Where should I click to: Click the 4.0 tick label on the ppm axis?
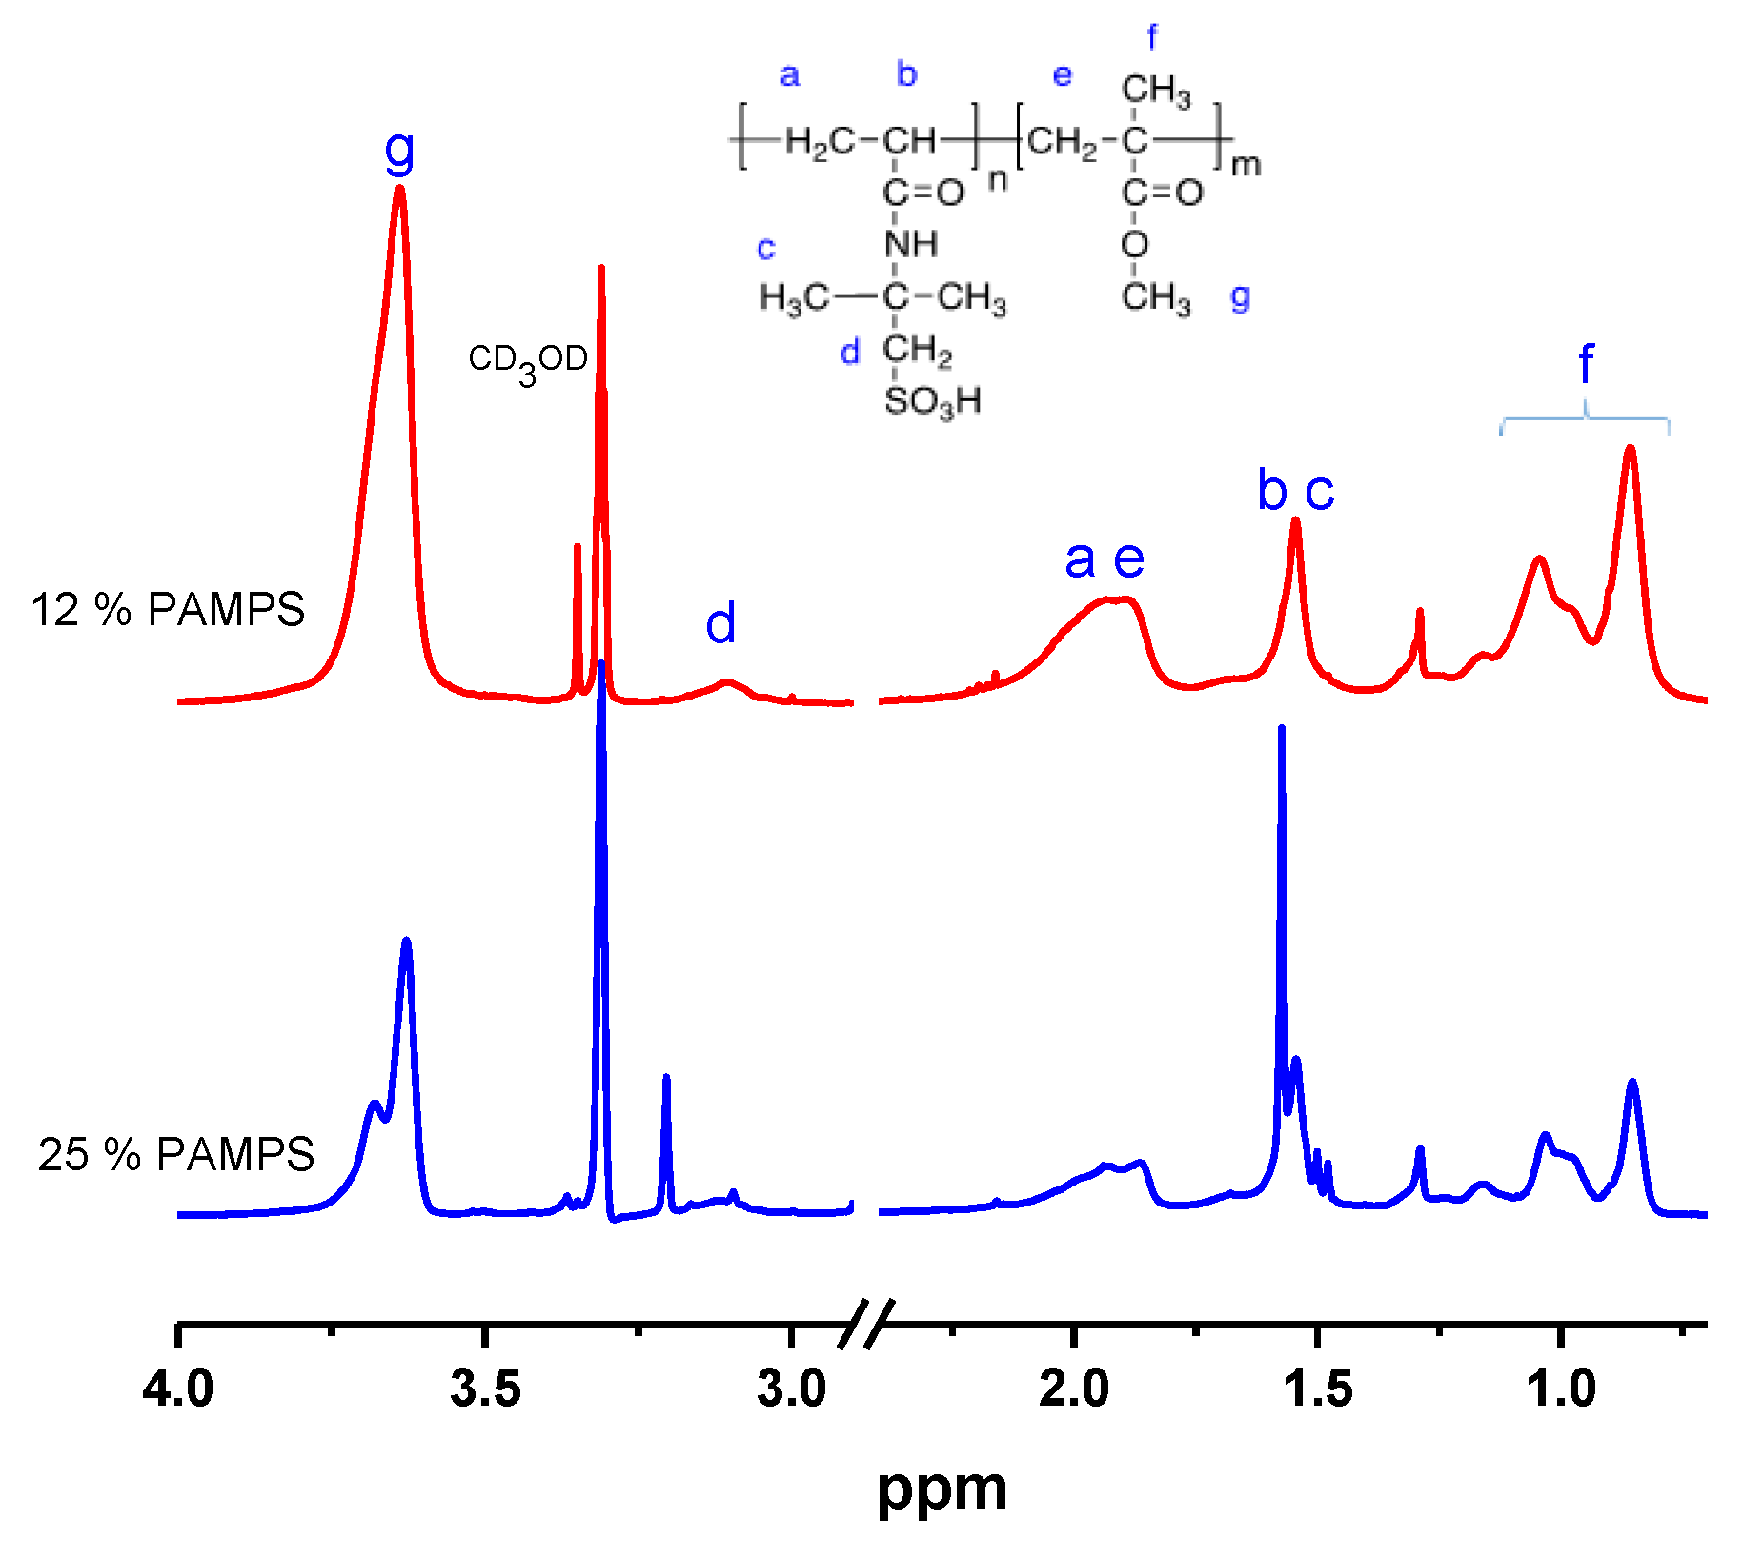pyautogui.click(x=178, y=1389)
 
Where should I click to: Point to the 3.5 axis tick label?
pyautogui.click(x=485, y=1389)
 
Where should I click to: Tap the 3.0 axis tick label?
pyautogui.click(x=792, y=1389)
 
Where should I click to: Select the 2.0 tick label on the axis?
pyautogui.click(x=1074, y=1389)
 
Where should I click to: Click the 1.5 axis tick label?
pyautogui.click(x=1318, y=1389)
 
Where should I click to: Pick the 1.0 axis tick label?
pyautogui.click(x=1561, y=1389)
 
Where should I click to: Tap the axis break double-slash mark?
pyautogui.click(x=866, y=1324)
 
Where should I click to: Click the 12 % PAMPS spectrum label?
pyautogui.click(x=168, y=610)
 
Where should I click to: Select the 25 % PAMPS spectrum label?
pyautogui.click(x=176, y=1155)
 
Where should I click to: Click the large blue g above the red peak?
pyautogui.click(x=400, y=151)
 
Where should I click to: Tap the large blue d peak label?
pyautogui.click(x=720, y=623)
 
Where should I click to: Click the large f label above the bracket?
pyautogui.click(x=1586, y=364)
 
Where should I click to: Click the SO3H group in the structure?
pyautogui.click(x=932, y=401)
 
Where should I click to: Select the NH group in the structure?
pyautogui.click(x=911, y=245)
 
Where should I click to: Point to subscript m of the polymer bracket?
pyautogui.click(x=1246, y=166)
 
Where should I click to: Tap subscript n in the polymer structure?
pyautogui.click(x=997, y=178)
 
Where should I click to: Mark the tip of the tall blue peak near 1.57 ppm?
pyautogui.click(x=1282, y=728)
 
